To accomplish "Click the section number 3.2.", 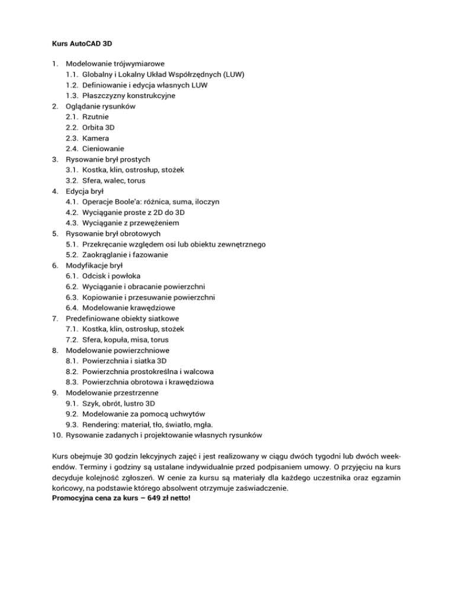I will [72, 181].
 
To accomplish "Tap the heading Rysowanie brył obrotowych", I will [113, 233].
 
